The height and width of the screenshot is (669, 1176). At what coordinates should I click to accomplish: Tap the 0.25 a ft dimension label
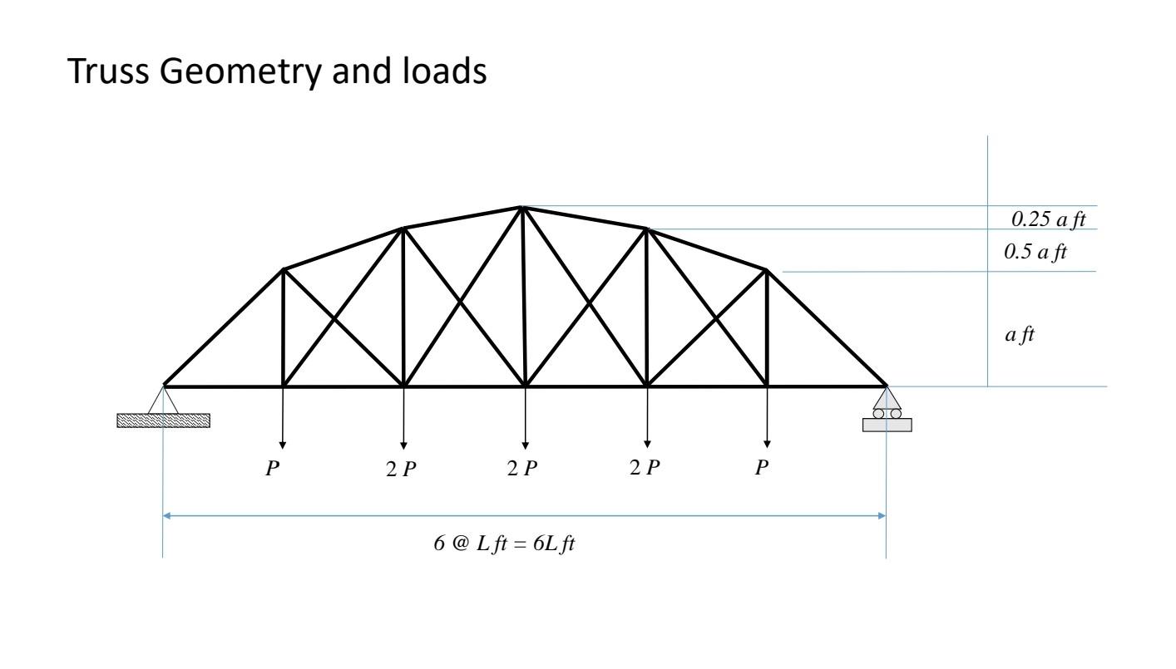1049,219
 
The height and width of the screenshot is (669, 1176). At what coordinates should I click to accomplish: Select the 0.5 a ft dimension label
1035,252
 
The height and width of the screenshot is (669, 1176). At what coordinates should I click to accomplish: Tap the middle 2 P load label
522,469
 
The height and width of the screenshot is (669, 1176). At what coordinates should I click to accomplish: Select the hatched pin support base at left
164,421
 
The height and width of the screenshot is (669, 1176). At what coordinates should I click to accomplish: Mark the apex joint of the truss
522,207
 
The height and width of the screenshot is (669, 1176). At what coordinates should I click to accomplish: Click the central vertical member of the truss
524,299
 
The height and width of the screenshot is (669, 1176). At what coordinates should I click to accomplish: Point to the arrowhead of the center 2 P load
525,444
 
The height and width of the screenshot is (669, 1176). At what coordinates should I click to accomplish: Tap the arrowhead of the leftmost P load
283,444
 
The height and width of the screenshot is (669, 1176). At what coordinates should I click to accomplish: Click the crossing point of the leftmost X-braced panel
334,317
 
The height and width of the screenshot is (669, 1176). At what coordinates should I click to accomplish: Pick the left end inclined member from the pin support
225,327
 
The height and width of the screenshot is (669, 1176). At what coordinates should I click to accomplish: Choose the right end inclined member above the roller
826,327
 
